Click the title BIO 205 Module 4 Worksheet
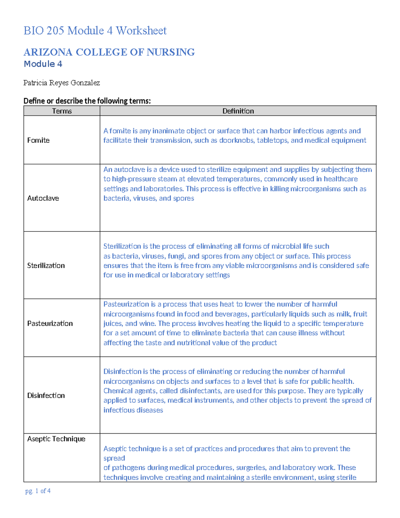click(x=95, y=31)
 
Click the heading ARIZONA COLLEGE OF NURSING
click(x=109, y=52)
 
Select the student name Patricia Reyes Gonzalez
click(x=62, y=83)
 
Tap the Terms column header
click(x=62, y=111)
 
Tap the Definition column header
click(x=238, y=111)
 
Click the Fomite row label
click(x=38, y=140)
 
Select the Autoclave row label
click(x=43, y=198)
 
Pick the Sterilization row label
click(x=46, y=266)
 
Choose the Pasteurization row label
click(x=50, y=324)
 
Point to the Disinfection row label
click(x=46, y=396)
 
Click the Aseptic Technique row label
click(x=56, y=439)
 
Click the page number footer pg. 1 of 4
click(x=38, y=491)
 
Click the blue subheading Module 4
click(x=43, y=64)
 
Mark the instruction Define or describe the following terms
click(x=87, y=101)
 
